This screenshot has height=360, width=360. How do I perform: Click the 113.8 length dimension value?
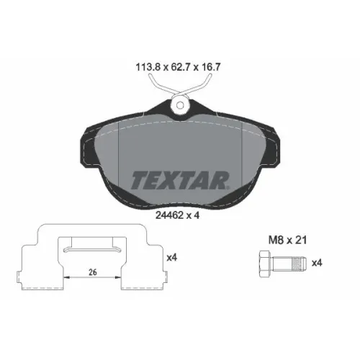pyautogui.click(x=148, y=67)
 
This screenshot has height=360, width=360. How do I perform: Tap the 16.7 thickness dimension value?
pyautogui.click(x=210, y=67)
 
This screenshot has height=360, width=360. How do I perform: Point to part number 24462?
pyautogui.click(x=170, y=215)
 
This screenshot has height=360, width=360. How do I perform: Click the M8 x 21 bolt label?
pyautogui.click(x=287, y=240)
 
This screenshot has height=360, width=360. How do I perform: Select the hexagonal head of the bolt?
pyautogui.click(x=266, y=264)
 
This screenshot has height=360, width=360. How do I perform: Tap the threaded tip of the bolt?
pyautogui.click(x=300, y=264)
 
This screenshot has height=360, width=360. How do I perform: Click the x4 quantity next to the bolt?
pyautogui.click(x=317, y=264)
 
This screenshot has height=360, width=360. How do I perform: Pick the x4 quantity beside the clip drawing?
pyautogui.click(x=172, y=258)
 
